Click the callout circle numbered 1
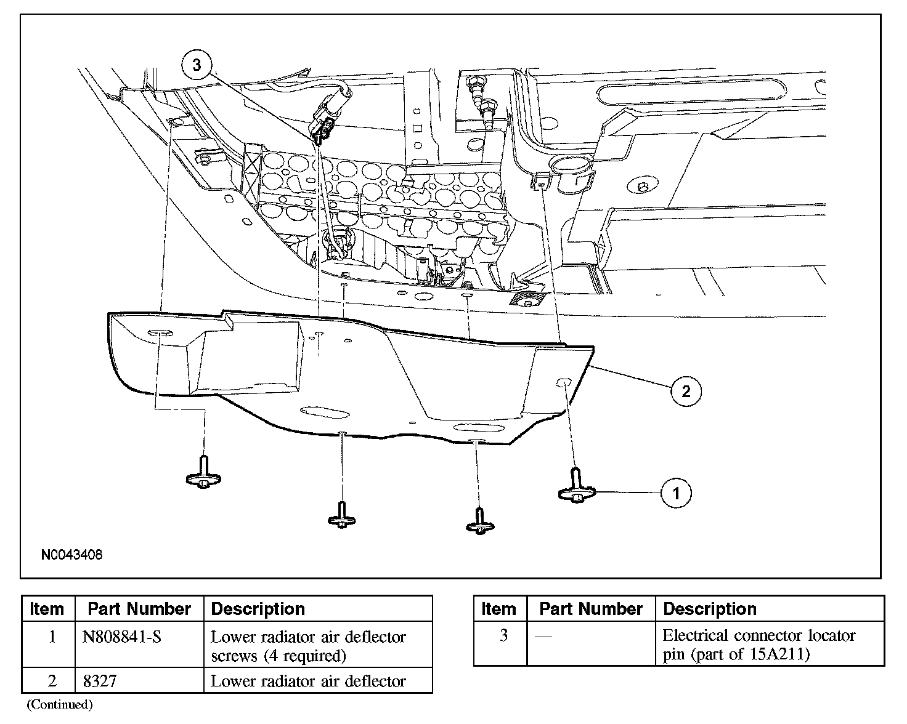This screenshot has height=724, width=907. (x=676, y=493)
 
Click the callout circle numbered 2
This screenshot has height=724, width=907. (x=686, y=391)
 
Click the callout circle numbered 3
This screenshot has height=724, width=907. (x=197, y=65)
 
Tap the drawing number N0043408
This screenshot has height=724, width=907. (x=71, y=555)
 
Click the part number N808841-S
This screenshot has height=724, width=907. (x=121, y=637)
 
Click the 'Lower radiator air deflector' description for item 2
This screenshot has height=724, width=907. (x=308, y=681)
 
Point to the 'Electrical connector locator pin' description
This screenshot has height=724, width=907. (x=759, y=635)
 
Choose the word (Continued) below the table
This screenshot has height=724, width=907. (x=59, y=704)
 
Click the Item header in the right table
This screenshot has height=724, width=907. (x=498, y=609)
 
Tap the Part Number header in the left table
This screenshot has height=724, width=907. (x=139, y=609)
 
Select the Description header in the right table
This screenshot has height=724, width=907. (x=709, y=609)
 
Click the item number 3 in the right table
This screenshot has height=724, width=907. (x=503, y=635)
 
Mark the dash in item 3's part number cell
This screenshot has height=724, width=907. (x=543, y=637)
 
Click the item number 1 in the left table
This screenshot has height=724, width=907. (x=52, y=637)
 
